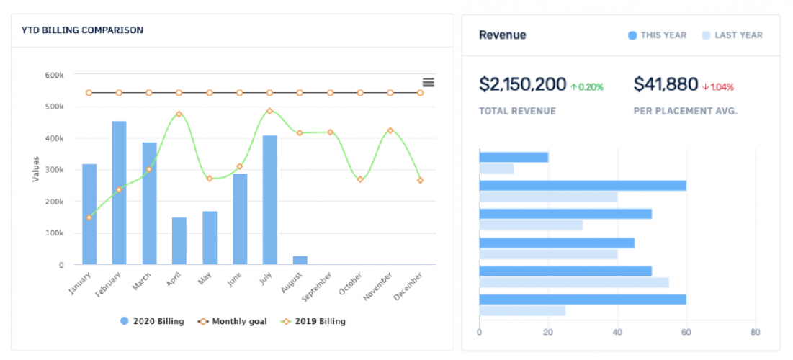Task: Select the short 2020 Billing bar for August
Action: [300, 260]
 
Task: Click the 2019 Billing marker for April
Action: [179, 114]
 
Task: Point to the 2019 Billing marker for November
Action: [390, 130]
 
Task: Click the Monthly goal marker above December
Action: [420, 93]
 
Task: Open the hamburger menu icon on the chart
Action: [428, 83]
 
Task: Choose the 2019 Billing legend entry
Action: [315, 321]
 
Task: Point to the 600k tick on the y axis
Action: [54, 75]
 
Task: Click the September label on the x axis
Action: [318, 285]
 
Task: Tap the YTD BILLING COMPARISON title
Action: [82, 30]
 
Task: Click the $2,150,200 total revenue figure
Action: [523, 85]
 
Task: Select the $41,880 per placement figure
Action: [666, 85]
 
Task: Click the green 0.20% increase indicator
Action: [587, 87]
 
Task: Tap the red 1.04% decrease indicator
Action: [718, 87]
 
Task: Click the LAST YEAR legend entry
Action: [732, 35]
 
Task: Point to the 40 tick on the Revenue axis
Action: [617, 332]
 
